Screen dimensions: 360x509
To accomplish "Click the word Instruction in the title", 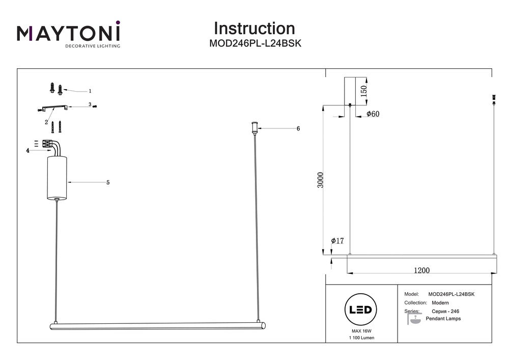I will tap(254, 29).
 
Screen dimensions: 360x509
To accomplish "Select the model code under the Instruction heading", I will tap(255, 44).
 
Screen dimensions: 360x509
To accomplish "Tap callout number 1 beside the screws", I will tap(90, 92).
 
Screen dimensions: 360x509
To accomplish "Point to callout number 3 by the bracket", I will tap(90, 105).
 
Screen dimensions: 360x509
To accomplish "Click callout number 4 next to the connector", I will tap(27, 150).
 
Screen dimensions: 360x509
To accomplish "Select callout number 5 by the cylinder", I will tap(108, 182).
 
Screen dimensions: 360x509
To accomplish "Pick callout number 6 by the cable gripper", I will tap(298, 129).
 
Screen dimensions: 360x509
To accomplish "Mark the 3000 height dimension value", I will tap(320, 180).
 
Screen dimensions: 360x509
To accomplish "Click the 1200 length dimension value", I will tap(421, 270).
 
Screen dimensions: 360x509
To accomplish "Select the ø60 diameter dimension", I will tap(373, 114).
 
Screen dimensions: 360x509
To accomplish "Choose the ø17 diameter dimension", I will tap(337, 240).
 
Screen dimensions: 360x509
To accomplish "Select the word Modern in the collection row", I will tap(440, 302).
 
